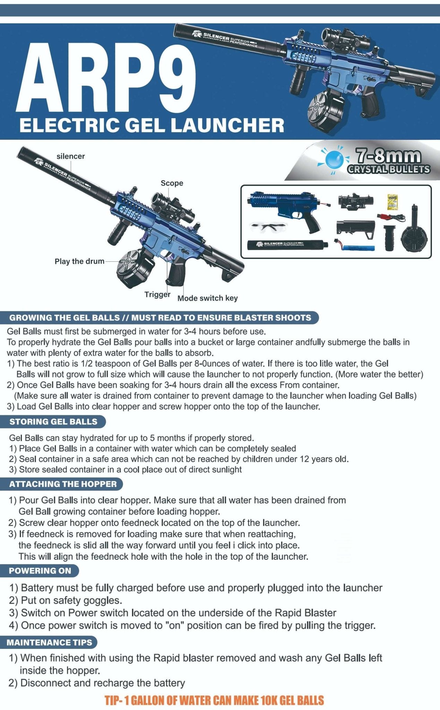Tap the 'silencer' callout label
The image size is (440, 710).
click(x=71, y=156)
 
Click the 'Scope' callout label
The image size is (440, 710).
click(x=172, y=183)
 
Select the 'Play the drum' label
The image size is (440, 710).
click(x=79, y=261)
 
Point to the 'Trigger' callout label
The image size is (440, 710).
click(x=157, y=295)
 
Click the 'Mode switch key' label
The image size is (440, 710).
click(x=207, y=298)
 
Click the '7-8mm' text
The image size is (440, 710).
click(x=387, y=156)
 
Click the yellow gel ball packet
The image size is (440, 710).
click(x=392, y=201)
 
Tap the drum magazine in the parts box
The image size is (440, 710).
click(x=415, y=234)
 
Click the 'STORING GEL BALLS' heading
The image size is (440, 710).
click(x=53, y=422)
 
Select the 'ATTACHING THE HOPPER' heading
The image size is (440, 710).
click(x=63, y=484)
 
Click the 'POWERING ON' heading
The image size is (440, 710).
click(x=40, y=571)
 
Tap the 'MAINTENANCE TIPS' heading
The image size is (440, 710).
click(x=49, y=643)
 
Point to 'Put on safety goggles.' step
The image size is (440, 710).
click(x=71, y=600)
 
